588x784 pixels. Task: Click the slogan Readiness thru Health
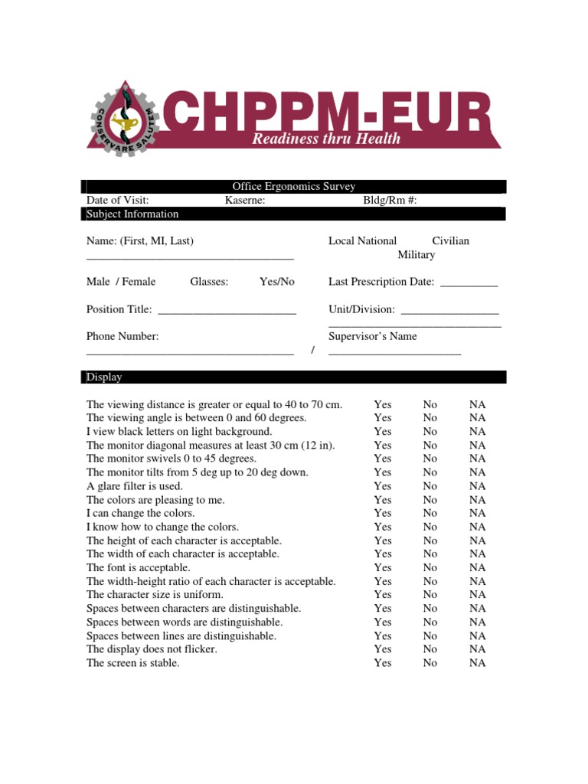326,139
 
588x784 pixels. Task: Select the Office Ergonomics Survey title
293,187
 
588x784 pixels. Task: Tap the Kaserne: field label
245,201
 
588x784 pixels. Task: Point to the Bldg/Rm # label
390,201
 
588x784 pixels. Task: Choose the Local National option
362,241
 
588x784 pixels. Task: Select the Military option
416,255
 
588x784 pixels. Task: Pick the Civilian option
450,241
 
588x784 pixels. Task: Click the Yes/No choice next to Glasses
276,282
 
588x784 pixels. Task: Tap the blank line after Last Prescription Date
469,283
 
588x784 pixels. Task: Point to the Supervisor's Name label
372,336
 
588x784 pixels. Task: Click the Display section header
104,377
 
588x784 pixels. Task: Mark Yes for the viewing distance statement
383,404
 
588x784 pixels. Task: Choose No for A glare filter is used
430,486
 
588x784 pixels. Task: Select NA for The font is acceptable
478,567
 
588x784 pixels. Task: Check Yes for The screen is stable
383,663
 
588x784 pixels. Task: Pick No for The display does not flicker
430,649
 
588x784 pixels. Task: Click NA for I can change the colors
478,513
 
